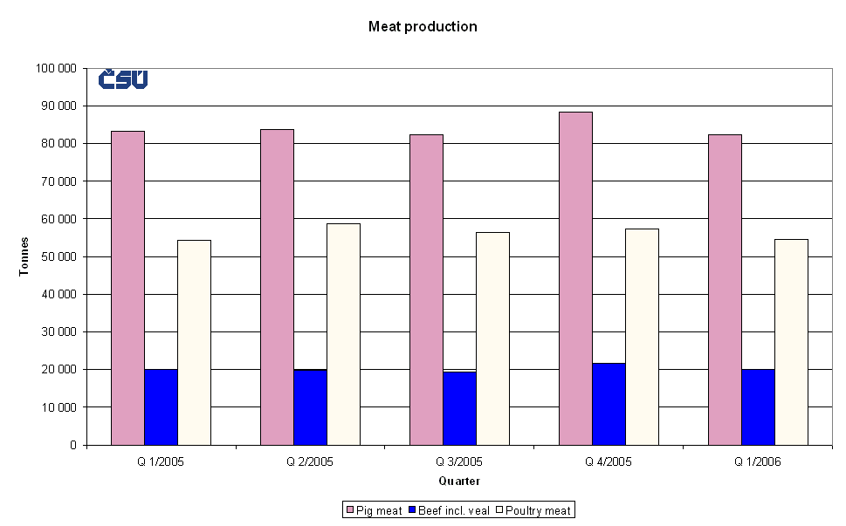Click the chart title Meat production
pyautogui.click(x=423, y=27)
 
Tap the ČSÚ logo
pyautogui.click(x=122, y=79)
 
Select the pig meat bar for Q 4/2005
pyautogui.click(x=575, y=278)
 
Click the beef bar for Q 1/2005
pyautogui.click(x=161, y=406)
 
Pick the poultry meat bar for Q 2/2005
pyautogui.click(x=343, y=334)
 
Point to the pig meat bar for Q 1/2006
pyautogui.click(x=725, y=290)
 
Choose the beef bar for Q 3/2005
pyautogui.click(x=459, y=408)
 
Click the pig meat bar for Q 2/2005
pyautogui.click(x=277, y=287)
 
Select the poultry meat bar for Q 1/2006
pyautogui.click(x=791, y=342)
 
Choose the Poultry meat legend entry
pyautogui.click(x=534, y=510)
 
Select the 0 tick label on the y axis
pyautogui.click(x=73, y=445)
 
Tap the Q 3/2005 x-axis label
pyautogui.click(x=459, y=462)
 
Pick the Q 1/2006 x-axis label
pyautogui.click(x=758, y=462)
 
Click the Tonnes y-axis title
pyautogui.click(x=24, y=256)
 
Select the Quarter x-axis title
pyautogui.click(x=459, y=481)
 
